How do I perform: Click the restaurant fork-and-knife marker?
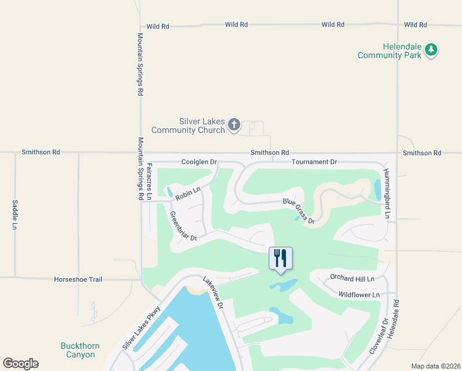point(280,258)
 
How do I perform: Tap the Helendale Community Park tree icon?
point(432,51)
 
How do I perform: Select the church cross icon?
point(234,126)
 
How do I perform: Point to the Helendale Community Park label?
point(390,51)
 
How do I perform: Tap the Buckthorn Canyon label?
point(78,350)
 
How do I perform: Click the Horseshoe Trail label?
point(78,279)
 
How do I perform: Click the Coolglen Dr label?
point(199,162)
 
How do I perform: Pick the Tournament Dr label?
point(314,162)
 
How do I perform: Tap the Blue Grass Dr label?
point(299,211)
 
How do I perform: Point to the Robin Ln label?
point(188,194)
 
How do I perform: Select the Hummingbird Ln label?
point(387,194)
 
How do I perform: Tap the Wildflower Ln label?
point(359,295)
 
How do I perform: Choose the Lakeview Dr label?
point(212,292)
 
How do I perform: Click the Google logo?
point(20,364)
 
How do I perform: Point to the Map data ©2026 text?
point(435,366)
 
